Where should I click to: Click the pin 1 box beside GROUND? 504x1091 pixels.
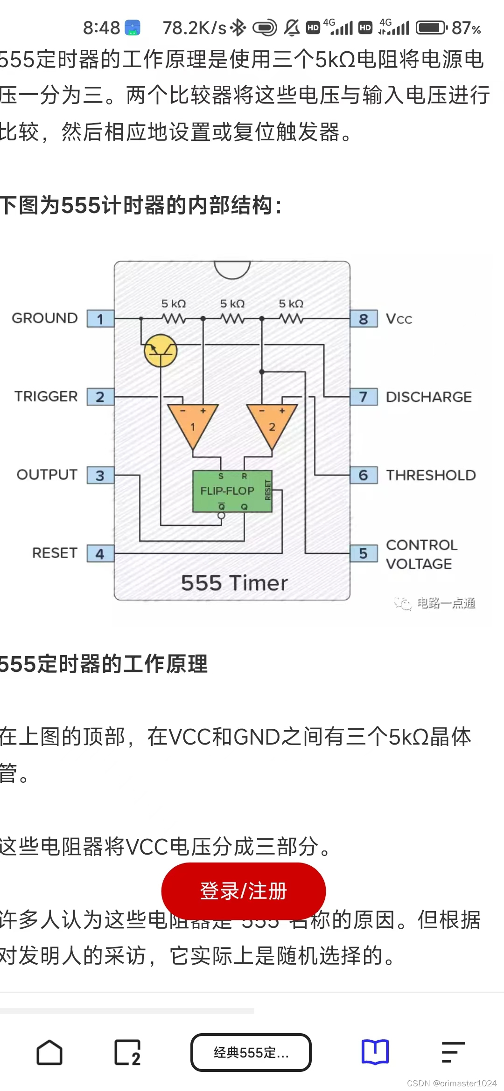click(100, 319)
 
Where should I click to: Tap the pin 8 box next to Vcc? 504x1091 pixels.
click(364, 319)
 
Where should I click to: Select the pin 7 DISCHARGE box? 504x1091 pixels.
click(364, 397)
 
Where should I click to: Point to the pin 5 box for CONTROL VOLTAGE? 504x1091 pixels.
click(364, 553)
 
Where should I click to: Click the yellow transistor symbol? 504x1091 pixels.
click(161, 351)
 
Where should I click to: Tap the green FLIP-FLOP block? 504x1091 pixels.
click(232, 491)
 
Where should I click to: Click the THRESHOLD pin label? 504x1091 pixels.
click(431, 475)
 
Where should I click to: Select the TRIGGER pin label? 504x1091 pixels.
click(46, 396)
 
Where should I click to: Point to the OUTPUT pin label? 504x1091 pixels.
click(47, 475)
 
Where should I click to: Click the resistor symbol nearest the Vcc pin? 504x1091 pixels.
click(291, 319)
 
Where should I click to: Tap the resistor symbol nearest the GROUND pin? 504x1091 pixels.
click(174, 319)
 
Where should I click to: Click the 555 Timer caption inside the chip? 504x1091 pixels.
click(234, 583)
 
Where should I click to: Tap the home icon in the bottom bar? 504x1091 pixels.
click(49, 1053)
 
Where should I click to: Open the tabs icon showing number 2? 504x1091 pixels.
click(127, 1053)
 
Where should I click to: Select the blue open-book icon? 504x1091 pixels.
click(375, 1052)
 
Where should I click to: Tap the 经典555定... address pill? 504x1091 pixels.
click(251, 1053)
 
